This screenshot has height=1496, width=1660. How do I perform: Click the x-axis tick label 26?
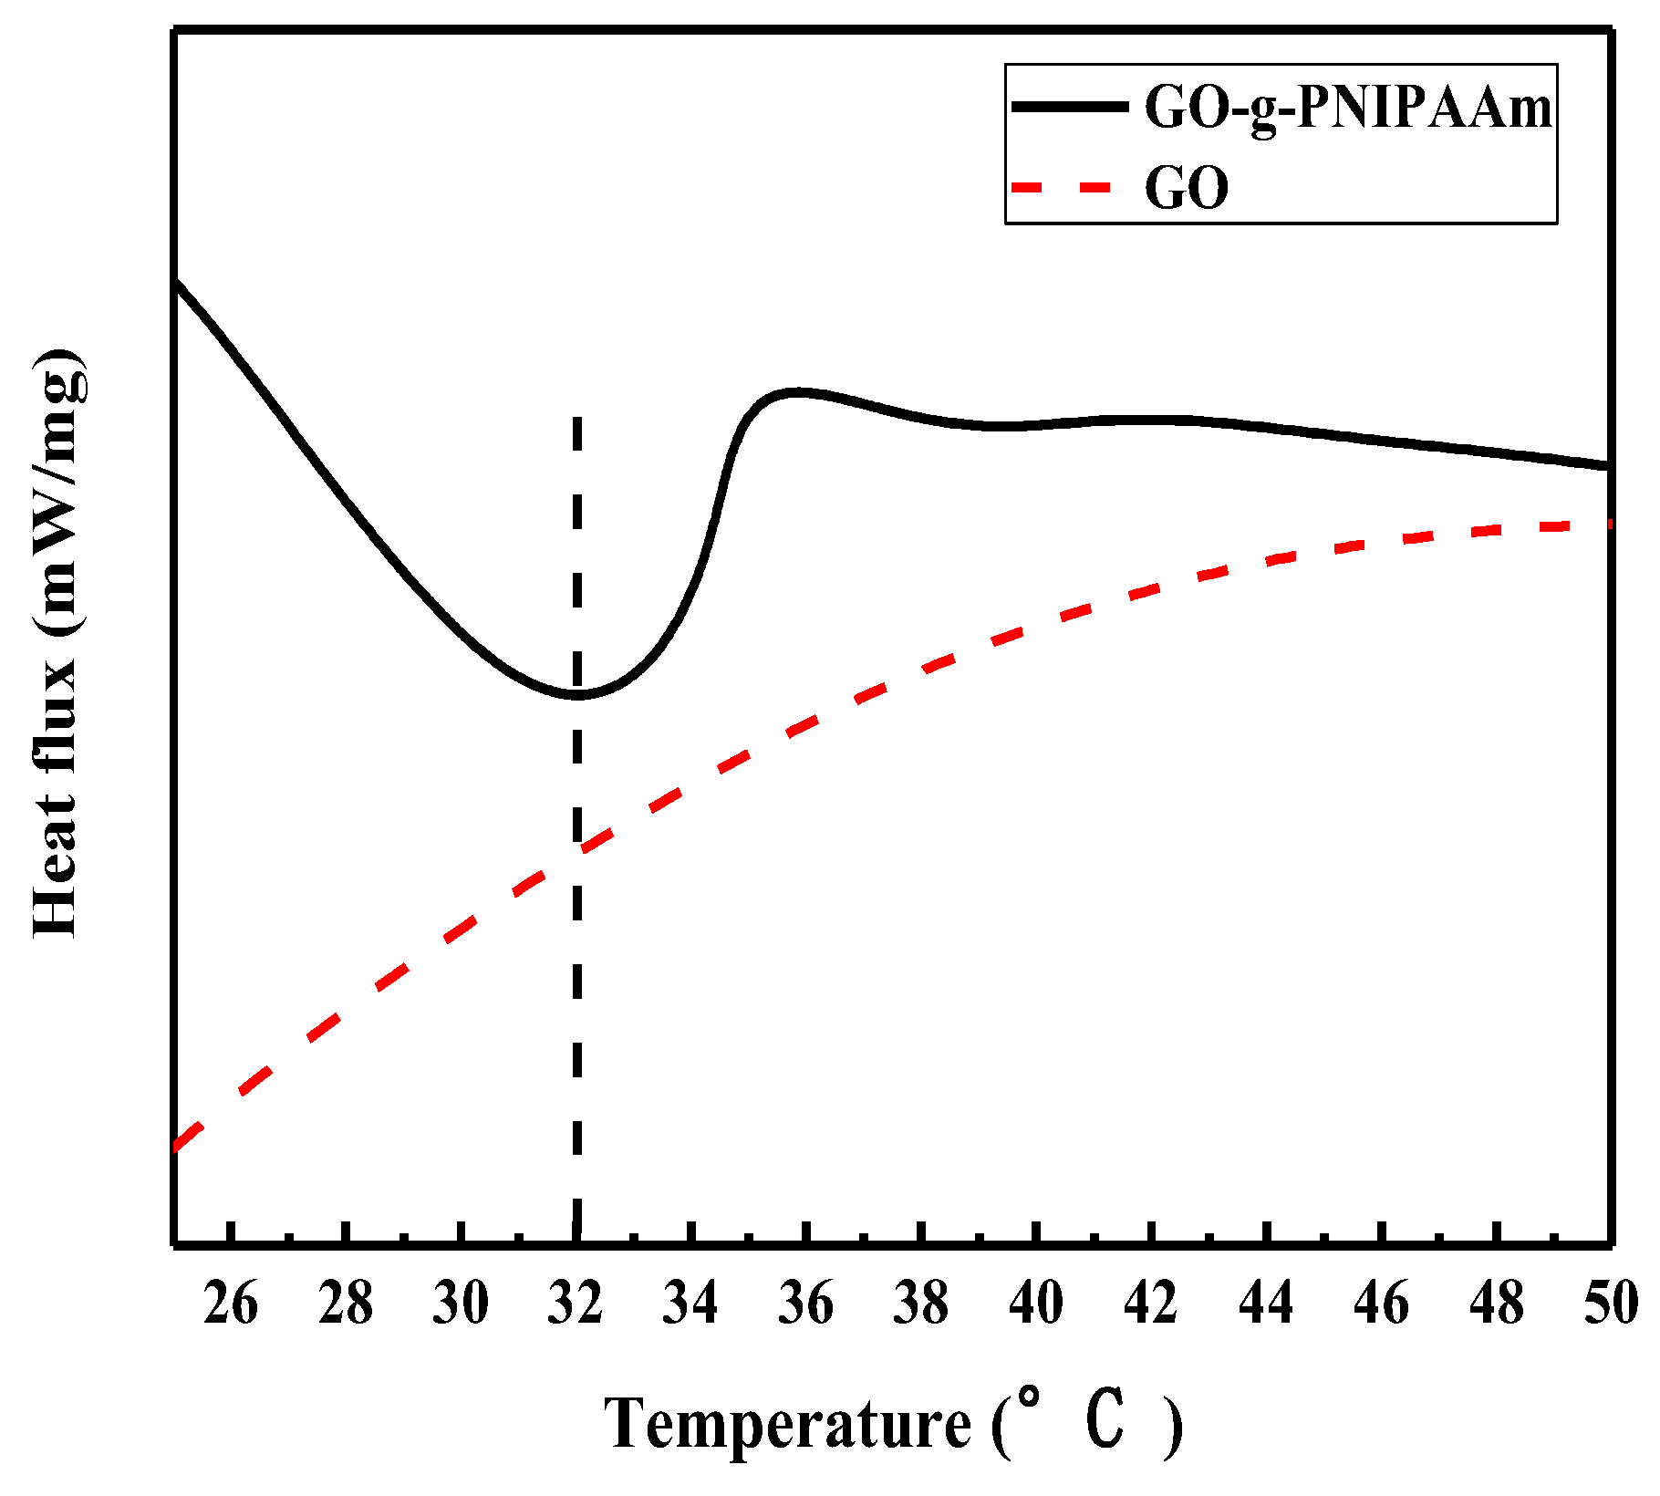pyautogui.click(x=231, y=1304)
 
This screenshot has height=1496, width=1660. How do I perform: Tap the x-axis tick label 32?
pyautogui.click(x=576, y=1304)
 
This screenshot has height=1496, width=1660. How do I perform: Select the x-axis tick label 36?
pyautogui.click(x=806, y=1304)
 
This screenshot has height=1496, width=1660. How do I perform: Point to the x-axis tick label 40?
pyautogui.click(x=1036, y=1304)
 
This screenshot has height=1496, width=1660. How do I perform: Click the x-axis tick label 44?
pyautogui.click(x=1266, y=1304)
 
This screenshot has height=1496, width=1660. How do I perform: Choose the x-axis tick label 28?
pyautogui.click(x=346, y=1304)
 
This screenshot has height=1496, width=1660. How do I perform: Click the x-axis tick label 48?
pyautogui.click(x=1497, y=1304)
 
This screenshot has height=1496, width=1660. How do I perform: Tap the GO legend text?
pyautogui.click(x=1187, y=189)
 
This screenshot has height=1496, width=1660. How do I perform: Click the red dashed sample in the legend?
pyautogui.click(x=1063, y=187)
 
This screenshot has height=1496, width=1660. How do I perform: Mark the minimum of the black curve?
pyautogui.click(x=577, y=696)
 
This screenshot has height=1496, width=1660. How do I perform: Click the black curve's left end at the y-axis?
pyautogui.click(x=176, y=284)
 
